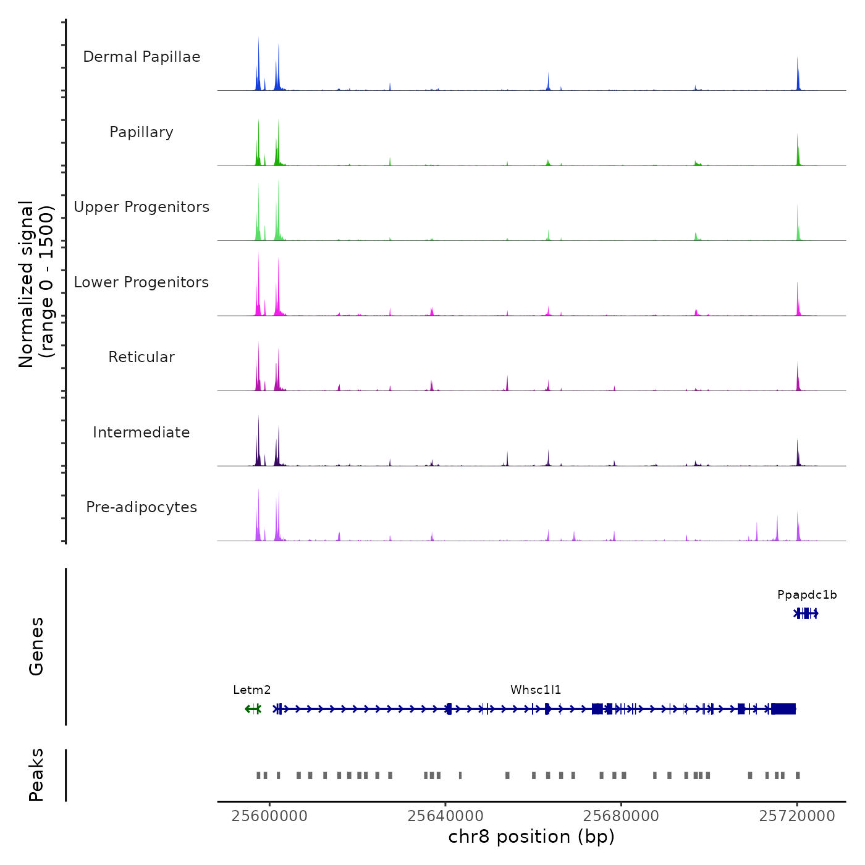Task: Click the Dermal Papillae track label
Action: [x=141, y=57]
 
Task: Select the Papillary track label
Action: [x=141, y=132]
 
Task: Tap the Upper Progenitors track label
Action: [x=141, y=207]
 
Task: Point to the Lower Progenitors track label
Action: [x=141, y=282]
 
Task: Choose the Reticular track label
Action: [x=141, y=357]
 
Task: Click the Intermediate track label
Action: [x=141, y=432]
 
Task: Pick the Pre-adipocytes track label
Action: [x=141, y=507]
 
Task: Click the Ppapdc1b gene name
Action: [x=807, y=595]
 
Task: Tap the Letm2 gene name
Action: [x=252, y=690]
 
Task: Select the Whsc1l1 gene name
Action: [x=536, y=690]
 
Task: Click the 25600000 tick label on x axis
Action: [x=269, y=816]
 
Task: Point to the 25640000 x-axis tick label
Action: [x=445, y=816]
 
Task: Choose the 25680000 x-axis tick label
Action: [x=621, y=816]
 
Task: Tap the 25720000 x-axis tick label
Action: [x=797, y=816]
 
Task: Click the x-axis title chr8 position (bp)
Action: [x=531, y=837]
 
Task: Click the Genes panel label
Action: [x=36, y=646]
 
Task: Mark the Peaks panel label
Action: [x=36, y=775]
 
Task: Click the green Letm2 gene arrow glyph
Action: [x=253, y=709]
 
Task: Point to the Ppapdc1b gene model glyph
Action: [x=806, y=614]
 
